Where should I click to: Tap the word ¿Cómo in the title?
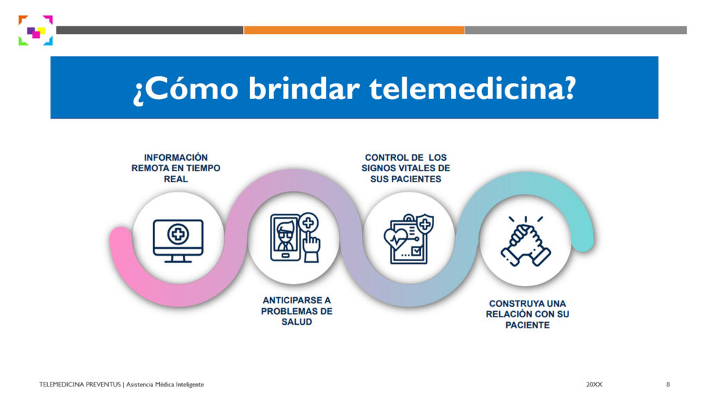pos(186,89)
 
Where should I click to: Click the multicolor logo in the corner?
pos(36,30)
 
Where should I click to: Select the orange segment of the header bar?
pos(354,30)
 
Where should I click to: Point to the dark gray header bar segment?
pos(150,30)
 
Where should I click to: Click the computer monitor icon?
pos(178,240)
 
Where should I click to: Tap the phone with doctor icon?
pos(295,238)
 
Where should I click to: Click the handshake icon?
pos(526,242)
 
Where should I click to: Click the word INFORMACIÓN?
pos(176,157)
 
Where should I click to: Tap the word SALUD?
pos(296,322)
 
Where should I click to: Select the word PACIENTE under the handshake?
pos(528,326)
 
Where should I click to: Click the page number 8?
pos(668,384)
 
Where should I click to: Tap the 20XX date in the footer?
pos(594,384)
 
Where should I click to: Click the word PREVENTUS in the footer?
pos(103,384)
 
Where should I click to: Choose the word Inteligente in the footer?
pos(189,384)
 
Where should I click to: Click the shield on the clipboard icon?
pos(424,224)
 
